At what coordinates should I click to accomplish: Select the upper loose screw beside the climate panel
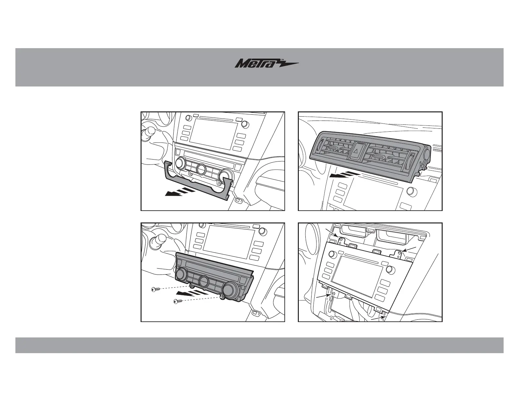click(156, 289)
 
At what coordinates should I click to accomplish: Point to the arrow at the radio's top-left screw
click(335, 234)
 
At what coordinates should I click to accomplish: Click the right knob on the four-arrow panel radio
click(390, 269)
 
